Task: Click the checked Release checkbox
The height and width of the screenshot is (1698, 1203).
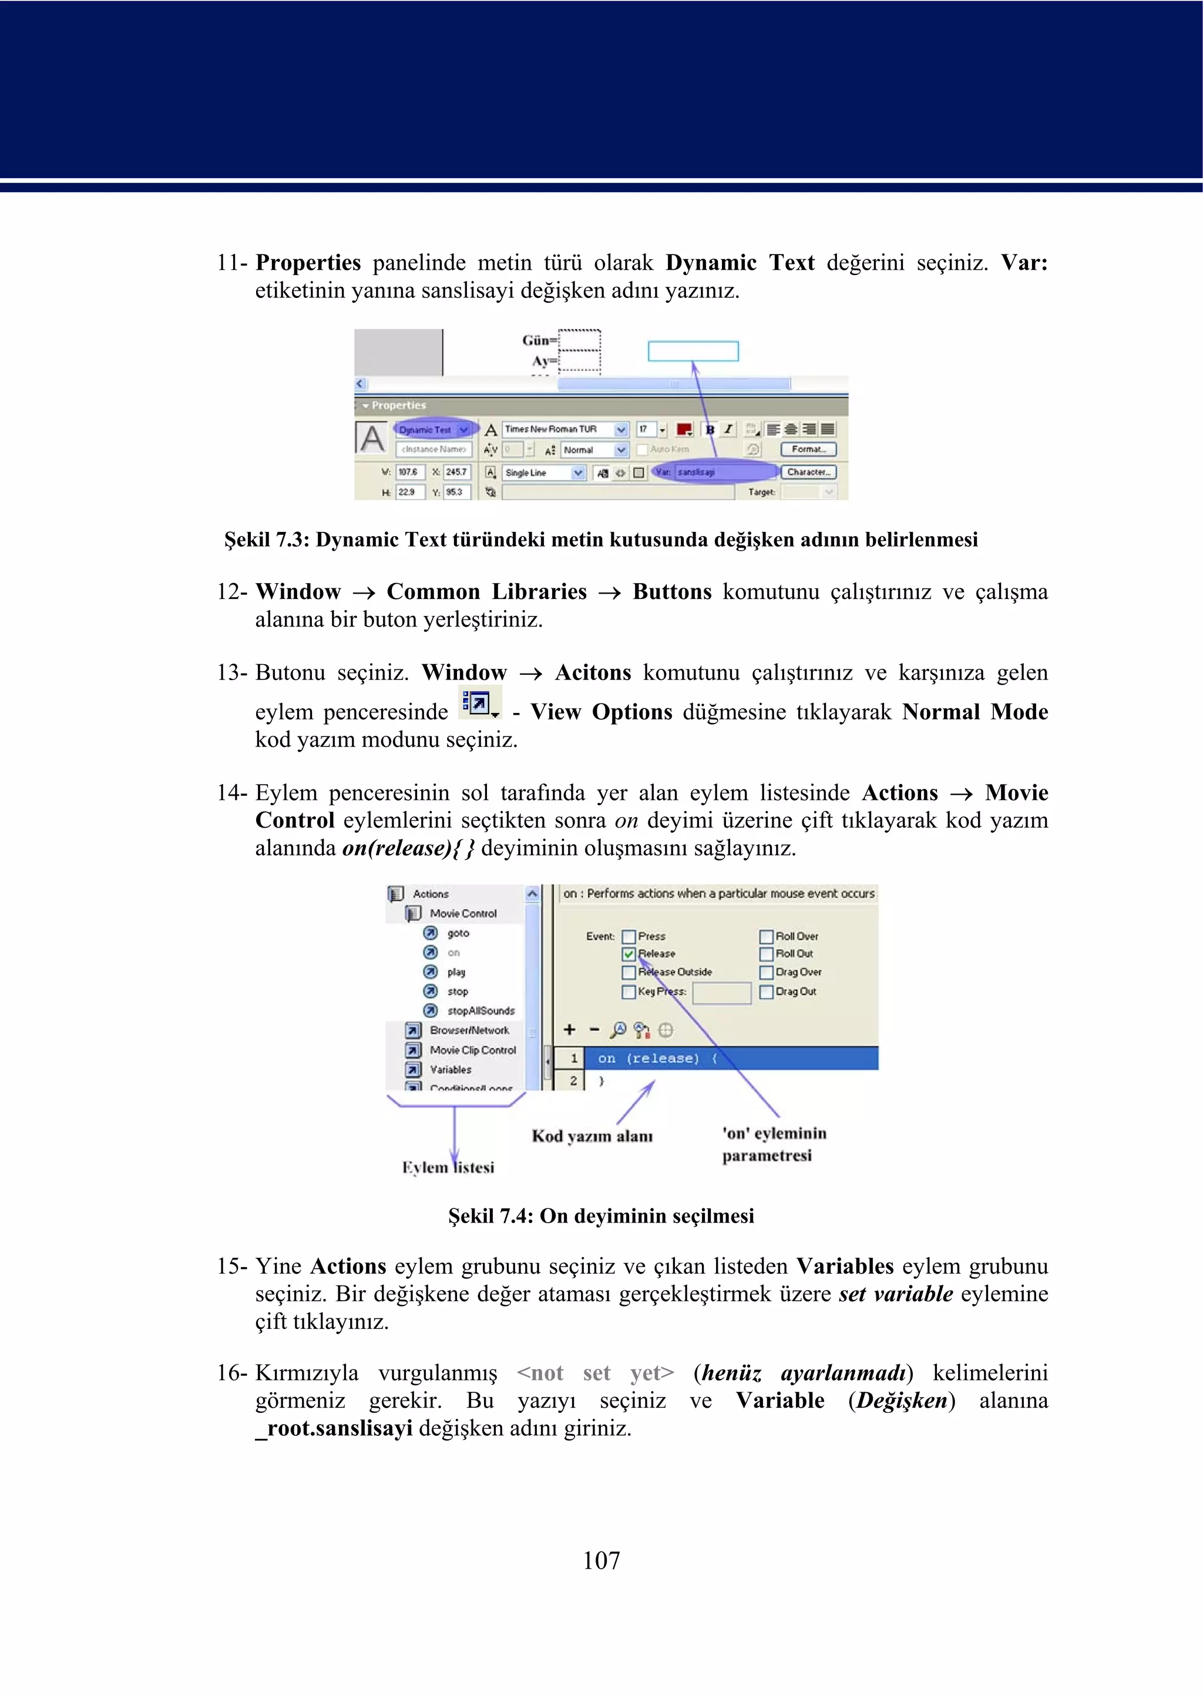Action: pyautogui.click(x=629, y=954)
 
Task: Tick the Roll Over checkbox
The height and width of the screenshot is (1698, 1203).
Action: pyautogui.click(x=766, y=937)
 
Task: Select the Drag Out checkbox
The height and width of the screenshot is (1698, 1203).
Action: pyautogui.click(x=766, y=992)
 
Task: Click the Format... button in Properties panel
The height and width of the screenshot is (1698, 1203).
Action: pyautogui.click(x=808, y=449)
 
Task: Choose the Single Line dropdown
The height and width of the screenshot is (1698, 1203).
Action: pyautogui.click(x=544, y=473)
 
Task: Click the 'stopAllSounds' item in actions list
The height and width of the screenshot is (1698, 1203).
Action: pyautogui.click(x=480, y=1011)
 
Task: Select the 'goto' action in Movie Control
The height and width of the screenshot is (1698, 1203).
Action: pyautogui.click(x=458, y=933)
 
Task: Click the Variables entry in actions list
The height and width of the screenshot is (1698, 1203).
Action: pyautogui.click(x=451, y=1070)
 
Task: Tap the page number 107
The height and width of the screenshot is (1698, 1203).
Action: pyautogui.click(x=601, y=1560)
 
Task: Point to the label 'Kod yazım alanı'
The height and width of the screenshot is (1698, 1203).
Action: pyautogui.click(x=592, y=1136)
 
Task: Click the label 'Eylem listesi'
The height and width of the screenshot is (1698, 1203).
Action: pyautogui.click(x=448, y=1167)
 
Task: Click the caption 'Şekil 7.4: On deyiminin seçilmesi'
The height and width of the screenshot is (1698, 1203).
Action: pyautogui.click(x=601, y=1216)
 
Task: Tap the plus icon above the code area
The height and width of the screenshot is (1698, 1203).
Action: pyautogui.click(x=569, y=1030)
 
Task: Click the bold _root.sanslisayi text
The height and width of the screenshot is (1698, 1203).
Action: pyautogui.click(x=334, y=1428)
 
